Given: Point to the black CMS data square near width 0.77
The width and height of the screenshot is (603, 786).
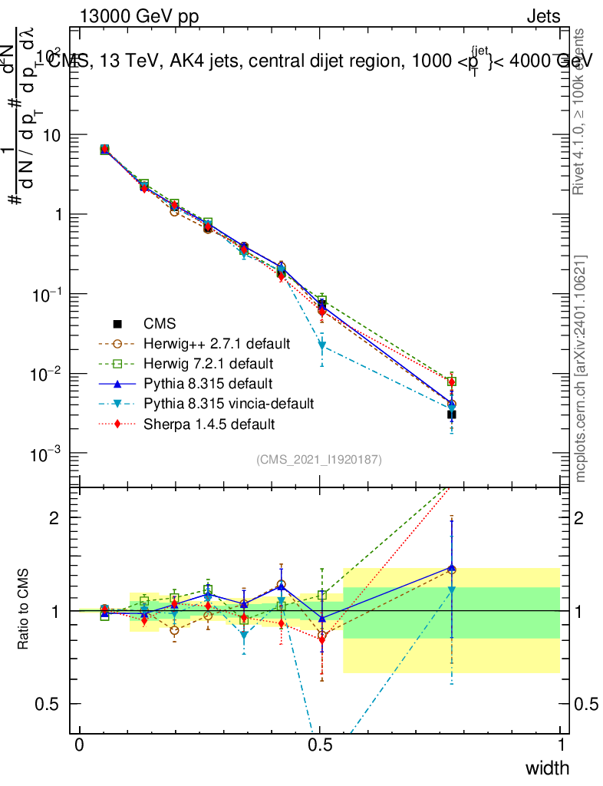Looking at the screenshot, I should [452, 414].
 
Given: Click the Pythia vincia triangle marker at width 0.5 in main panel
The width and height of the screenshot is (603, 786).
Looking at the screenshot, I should [322, 345].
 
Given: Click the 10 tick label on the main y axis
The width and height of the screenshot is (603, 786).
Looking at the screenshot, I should [54, 135].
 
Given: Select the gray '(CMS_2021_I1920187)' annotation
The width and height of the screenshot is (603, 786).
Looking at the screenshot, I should [319, 459].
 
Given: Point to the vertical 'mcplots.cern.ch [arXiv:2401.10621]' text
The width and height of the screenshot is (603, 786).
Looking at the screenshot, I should [581, 368].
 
